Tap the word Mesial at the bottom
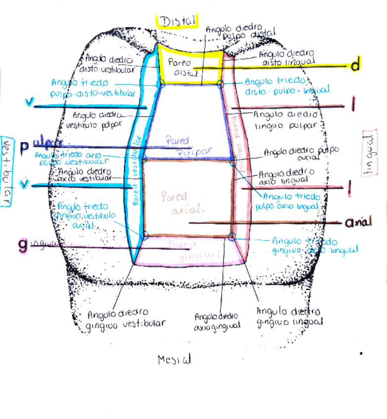coord(174,359)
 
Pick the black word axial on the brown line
coord(359,223)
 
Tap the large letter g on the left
coord(23,246)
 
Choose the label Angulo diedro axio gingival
coord(216,321)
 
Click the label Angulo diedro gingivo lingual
coord(289,317)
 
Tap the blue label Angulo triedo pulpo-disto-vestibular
coord(92,87)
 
